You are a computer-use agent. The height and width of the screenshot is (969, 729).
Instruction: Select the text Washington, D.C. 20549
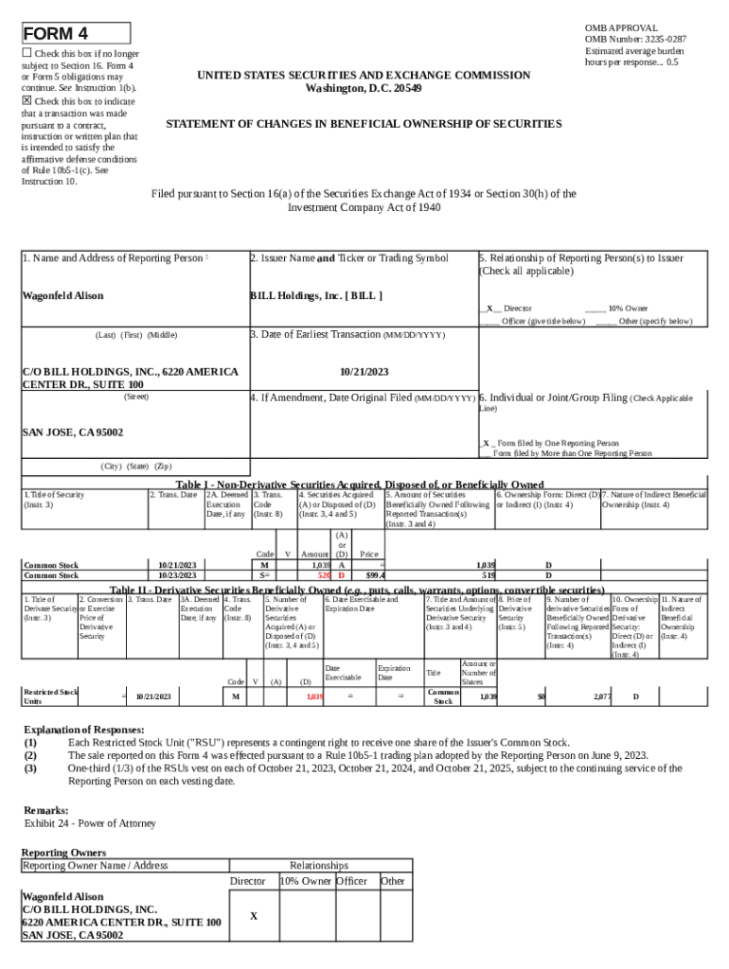(x=364, y=88)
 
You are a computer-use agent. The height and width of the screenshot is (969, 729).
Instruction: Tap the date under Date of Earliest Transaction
(x=364, y=373)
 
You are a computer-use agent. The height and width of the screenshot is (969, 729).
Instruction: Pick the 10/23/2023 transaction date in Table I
(x=177, y=574)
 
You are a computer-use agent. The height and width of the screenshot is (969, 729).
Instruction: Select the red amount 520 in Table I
(x=323, y=574)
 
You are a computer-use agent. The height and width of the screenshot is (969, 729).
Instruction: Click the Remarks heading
(x=45, y=810)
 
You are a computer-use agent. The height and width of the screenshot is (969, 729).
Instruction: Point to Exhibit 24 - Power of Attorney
(x=89, y=824)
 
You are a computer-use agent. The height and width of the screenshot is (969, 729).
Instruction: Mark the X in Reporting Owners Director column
(x=253, y=916)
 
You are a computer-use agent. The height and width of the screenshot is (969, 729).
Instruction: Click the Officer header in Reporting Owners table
(x=352, y=881)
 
